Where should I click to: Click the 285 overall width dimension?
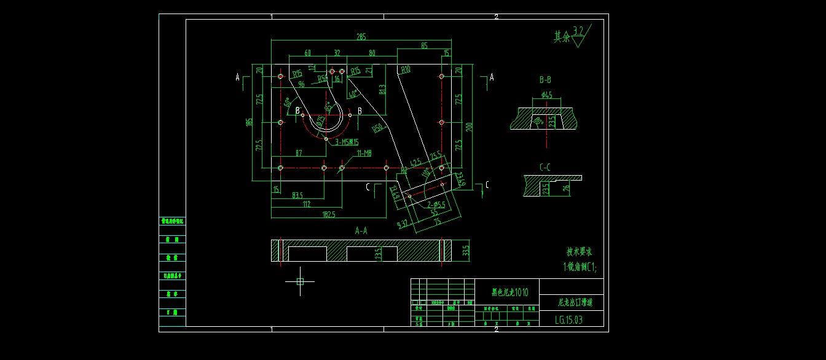(x=361, y=36)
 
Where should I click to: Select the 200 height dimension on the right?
(x=470, y=127)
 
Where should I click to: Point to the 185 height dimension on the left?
(x=249, y=122)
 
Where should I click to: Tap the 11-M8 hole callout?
(x=364, y=152)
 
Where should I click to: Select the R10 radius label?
(x=405, y=70)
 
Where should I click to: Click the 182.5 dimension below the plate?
(x=329, y=214)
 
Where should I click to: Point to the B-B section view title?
(x=545, y=80)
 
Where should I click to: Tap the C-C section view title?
(x=545, y=166)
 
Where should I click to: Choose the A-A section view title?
(x=361, y=230)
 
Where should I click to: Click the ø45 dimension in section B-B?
(x=546, y=95)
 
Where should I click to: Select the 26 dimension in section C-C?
(x=566, y=188)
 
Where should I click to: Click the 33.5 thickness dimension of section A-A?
(x=466, y=251)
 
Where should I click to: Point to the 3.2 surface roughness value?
(x=578, y=30)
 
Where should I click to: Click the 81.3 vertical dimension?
(x=382, y=90)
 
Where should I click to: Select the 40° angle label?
(x=353, y=94)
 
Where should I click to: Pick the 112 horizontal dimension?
(x=306, y=205)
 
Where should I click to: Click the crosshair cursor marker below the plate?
(x=300, y=281)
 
